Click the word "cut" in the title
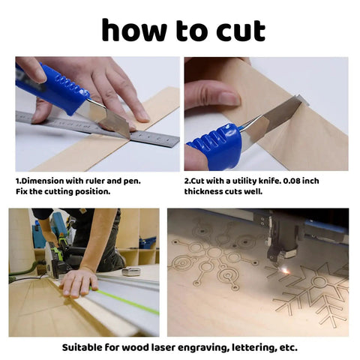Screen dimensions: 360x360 (x=241, y=31)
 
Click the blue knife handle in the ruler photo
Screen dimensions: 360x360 (x=50, y=86)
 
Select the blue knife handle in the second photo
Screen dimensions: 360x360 (x=215, y=146)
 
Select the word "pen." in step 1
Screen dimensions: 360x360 (x=132, y=181)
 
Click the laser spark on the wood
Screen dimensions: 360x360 (x=284, y=271)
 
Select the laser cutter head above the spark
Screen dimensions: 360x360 (x=283, y=240)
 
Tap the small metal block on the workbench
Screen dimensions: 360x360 (x=131, y=271)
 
